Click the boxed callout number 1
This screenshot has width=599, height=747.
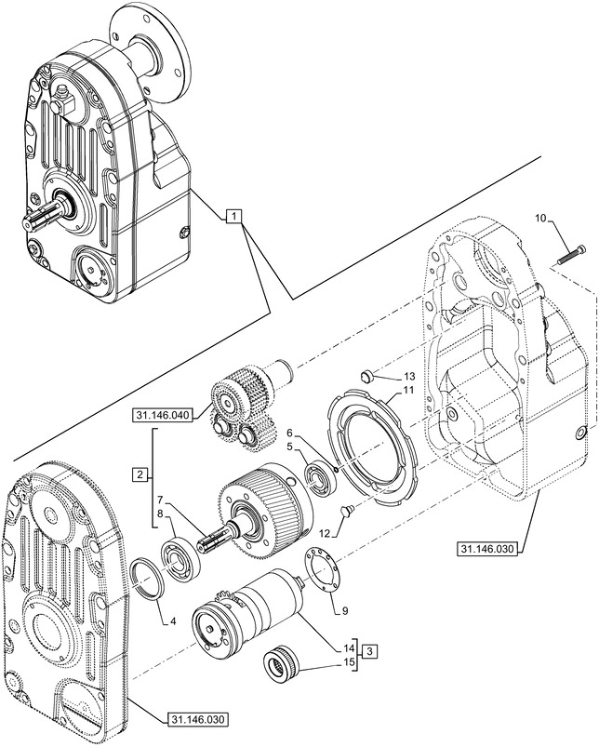[234, 217]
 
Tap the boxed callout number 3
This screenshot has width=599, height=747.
[369, 650]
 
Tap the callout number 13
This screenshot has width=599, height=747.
[409, 375]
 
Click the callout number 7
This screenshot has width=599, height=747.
[161, 500]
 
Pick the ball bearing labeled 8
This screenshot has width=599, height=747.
[178, 560]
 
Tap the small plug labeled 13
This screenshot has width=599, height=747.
[367, 375]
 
